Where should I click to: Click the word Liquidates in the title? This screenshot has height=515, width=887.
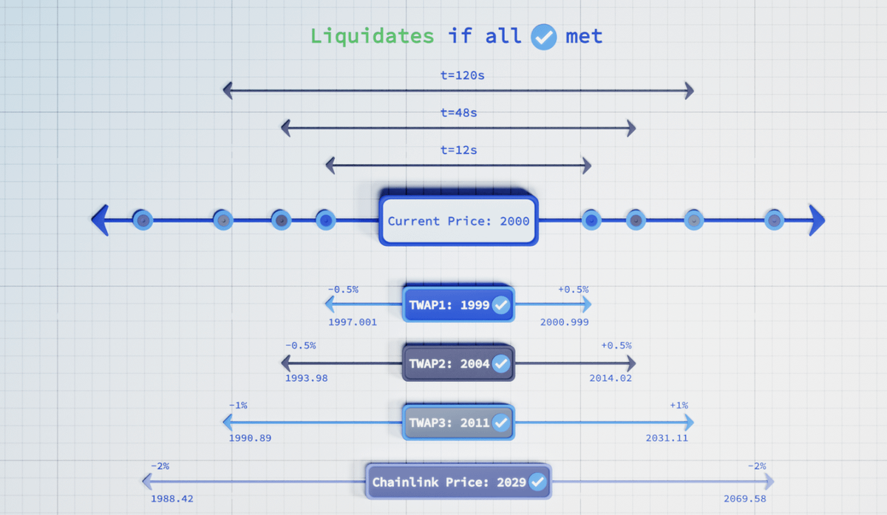372,35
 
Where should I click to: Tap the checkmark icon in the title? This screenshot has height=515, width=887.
544,36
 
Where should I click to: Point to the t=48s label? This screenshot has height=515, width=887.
458,113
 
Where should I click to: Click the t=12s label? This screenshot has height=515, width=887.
458,150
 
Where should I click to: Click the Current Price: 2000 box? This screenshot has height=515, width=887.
458,220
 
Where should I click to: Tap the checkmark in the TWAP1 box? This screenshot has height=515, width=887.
501,304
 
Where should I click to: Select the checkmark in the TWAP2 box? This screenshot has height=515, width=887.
501,364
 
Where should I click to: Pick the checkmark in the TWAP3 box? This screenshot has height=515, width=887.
501,423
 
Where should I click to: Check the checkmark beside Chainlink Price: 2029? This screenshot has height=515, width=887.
537,482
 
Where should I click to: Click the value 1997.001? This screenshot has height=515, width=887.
353,322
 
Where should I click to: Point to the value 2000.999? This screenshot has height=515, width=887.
565,322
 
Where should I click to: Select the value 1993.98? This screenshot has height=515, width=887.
306,378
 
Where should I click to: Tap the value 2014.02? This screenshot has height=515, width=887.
611,378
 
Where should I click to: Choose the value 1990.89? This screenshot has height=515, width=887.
250,437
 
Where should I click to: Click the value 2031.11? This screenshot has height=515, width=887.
666,437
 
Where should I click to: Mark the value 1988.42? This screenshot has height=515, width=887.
171,499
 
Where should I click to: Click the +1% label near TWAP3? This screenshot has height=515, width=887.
679,405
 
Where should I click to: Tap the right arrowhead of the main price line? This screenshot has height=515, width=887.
816,220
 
